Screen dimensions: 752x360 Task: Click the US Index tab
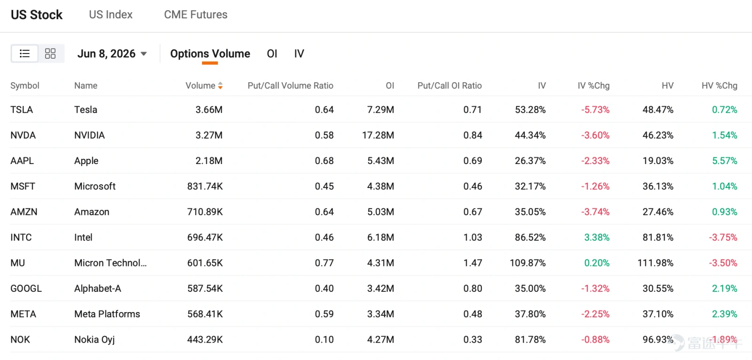tap(111, 15)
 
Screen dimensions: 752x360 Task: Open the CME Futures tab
tap(196, 15)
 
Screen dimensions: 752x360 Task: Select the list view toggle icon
tap(24, 54)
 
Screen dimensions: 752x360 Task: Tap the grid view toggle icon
tap(50, 54)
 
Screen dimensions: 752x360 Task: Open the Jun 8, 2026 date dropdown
tap(112, 54)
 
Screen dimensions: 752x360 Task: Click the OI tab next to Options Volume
tap(272, 54)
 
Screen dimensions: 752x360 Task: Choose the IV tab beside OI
tap(299, 54)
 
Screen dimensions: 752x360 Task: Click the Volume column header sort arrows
tap(220, 86)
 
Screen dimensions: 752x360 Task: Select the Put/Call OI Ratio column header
tap(449, 86)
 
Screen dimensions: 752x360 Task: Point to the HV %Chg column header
tap(720, 86)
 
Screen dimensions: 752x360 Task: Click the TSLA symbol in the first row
tap(22, 110)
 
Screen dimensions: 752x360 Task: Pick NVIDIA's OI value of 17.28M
tap(378, 135)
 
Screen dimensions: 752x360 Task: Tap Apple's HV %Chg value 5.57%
tap(725, 161)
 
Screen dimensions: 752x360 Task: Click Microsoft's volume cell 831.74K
tap(205, 187)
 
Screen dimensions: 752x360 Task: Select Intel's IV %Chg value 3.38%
tap(597, 237)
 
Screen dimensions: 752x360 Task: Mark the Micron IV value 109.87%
tap(528, 263)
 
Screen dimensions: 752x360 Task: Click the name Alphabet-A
tap(98, 289)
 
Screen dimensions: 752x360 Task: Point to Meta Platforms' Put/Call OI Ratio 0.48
tap(473, 314)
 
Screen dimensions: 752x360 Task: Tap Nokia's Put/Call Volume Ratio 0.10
tap(324, 339)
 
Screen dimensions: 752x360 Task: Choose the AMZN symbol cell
tap(24, 212)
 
